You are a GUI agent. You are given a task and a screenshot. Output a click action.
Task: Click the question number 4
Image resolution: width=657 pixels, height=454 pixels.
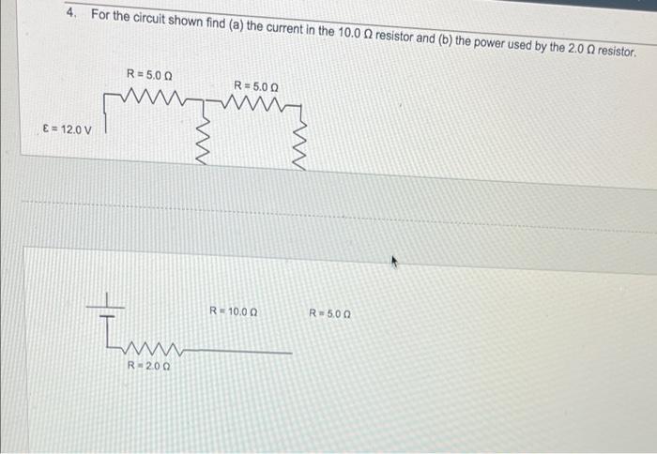click(x=71, y=14)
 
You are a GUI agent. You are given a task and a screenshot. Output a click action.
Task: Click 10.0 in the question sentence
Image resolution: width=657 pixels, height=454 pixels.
click(x=349, y=31)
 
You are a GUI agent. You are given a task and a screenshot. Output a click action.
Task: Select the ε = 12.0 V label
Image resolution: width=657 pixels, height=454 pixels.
click(x=69, y=129)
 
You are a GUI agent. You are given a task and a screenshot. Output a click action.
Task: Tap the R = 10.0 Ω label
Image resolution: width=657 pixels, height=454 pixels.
click(x=234, y=310)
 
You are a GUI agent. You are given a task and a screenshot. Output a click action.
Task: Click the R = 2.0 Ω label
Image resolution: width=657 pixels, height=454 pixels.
click(x=148, y=366)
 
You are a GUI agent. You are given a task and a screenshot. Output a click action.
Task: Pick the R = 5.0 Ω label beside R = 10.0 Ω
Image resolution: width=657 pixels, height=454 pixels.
click(x=329, y=311)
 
